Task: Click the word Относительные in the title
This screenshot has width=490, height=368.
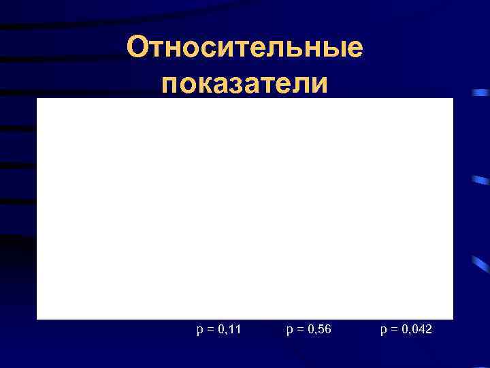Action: click(245, 49)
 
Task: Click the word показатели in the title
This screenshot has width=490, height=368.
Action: click(245, 83)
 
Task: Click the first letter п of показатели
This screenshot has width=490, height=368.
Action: click(169, 85)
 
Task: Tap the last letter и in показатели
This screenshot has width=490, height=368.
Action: click(320, 85)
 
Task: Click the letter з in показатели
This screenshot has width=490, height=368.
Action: click(237, 85)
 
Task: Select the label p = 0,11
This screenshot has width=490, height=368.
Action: click(219, 330)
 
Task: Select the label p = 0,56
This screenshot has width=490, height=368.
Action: click(310, 330)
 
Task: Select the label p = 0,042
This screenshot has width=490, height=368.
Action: click(407, 330)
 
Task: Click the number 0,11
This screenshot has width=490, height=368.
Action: click(230, 330)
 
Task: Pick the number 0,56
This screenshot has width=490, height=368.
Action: click(321, 330)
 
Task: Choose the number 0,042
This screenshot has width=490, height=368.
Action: click(416, 330)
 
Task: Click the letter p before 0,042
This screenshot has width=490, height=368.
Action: click(385, 331)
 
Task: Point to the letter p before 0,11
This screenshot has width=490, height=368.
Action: click(199, 331)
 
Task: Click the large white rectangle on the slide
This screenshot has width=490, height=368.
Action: click(245, 208)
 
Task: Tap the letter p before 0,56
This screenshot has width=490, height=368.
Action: click(290, 331)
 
